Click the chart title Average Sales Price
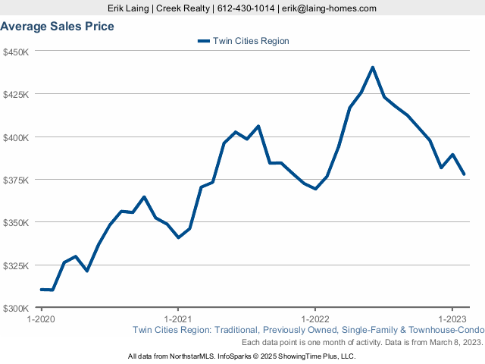pyautogui.click(x=58, y=27)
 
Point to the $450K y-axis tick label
pyautogui.click(x=16, y=52)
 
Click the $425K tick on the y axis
pyautogui.click(x=16, y=95)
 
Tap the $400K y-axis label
pyautogui.click(x=16, y=137)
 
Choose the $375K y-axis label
pyautogui.click(x=16, y=180)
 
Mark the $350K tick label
pyautogui.click(x=16, y=223)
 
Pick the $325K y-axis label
pyautogui.click(x=16, y=265)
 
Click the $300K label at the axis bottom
pyautogui.click(x=16, y=309)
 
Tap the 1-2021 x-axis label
pyautogui.click(x=177, y=319)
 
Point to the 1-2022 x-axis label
pyautogui.click(x=314, y=319)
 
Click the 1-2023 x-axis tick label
pyautogui.click(x=452, y=319)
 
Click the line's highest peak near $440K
pyautogui.click(x=373, y=67)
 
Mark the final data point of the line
pyautogui.click(x=464, y=174)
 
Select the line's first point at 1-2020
pyautogui.click(x=41, y=290)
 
